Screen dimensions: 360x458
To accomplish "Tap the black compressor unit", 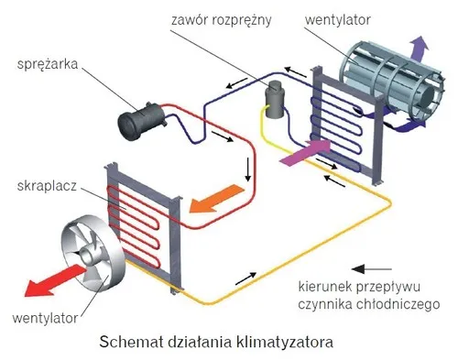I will (146, 117).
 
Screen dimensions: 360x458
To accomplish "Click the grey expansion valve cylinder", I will (272, 94).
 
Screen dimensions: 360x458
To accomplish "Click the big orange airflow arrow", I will (222, 197).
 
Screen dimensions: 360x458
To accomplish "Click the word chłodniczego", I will (402, 303).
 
